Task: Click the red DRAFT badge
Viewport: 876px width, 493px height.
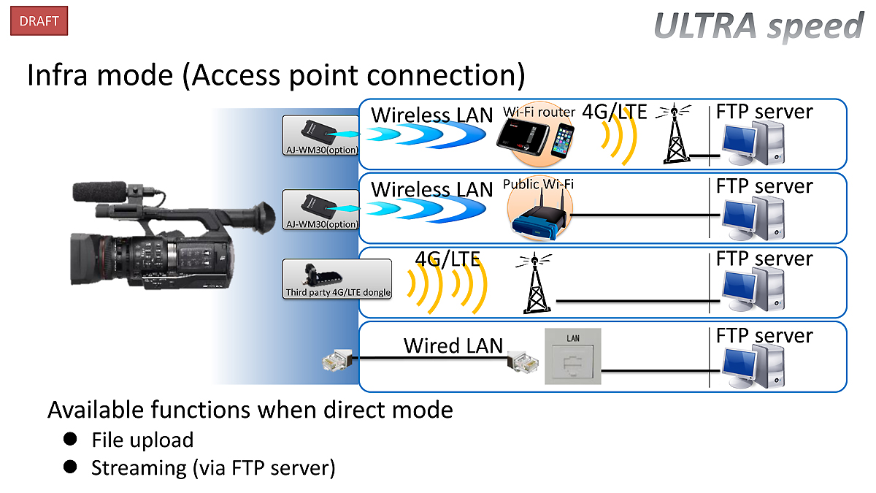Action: click(39, 21)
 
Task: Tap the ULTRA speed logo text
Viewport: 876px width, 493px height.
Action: click(759, 26)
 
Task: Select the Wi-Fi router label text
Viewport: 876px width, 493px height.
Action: click(539, 112)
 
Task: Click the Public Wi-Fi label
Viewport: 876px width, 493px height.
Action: click(538, 184)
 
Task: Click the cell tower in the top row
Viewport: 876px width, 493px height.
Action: click(676, 134)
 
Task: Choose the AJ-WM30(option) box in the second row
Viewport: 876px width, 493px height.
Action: click(320, 210)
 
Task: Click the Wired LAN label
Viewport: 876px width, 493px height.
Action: click(453, 345)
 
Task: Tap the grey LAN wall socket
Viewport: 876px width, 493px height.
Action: click(573, 356)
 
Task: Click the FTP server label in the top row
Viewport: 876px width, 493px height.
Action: click(764, 112)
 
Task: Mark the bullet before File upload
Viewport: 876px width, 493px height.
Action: click(70, 439)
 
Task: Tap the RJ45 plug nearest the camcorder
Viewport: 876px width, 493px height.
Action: click(337, 359)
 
